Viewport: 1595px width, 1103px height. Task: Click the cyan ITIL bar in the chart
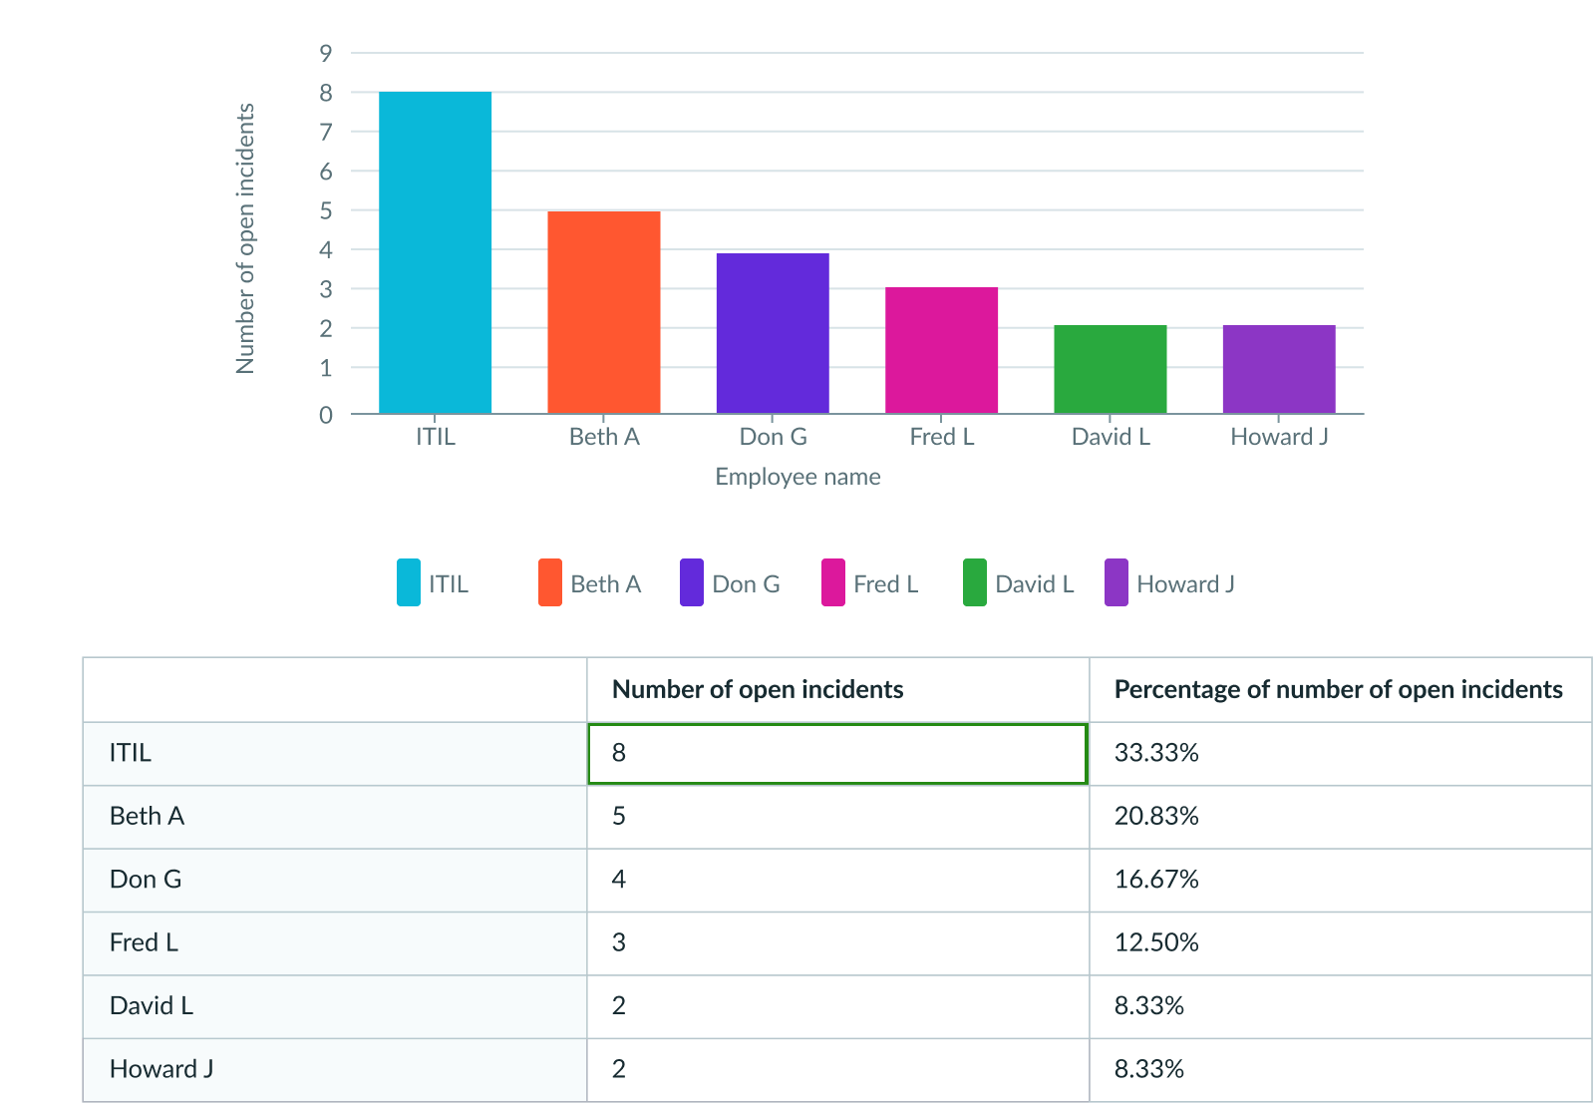point(436,252)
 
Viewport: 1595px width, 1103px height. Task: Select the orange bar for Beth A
point(604,312)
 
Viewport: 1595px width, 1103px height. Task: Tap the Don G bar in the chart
point(773,333)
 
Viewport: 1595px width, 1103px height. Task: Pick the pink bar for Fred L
point(942,350)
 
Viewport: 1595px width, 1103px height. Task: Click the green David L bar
point(1111,369)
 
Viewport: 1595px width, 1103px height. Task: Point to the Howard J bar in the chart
point(1279,369)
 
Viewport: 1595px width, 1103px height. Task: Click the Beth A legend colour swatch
point(550,583)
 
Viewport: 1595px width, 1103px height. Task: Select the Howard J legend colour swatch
point(1116,583)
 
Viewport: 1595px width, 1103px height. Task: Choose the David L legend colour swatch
point(975,583)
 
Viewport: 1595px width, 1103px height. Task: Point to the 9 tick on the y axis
point(326,53)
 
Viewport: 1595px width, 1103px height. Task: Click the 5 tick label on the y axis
point(326,210)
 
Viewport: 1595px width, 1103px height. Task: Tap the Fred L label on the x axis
point(942,437)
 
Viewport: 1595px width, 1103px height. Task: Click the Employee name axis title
point(797,477)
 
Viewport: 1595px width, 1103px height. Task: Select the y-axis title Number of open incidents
point(245,238)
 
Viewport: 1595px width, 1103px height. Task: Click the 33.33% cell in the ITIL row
point(1156,753)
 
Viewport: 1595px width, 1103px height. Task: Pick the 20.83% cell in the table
point(1156,816)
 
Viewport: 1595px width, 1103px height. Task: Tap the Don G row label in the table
point(146,880)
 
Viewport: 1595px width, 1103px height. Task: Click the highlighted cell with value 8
point(837,754)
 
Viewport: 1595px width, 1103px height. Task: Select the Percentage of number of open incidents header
point(1338,689)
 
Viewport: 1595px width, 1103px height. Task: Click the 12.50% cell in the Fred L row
point(1156,942)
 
